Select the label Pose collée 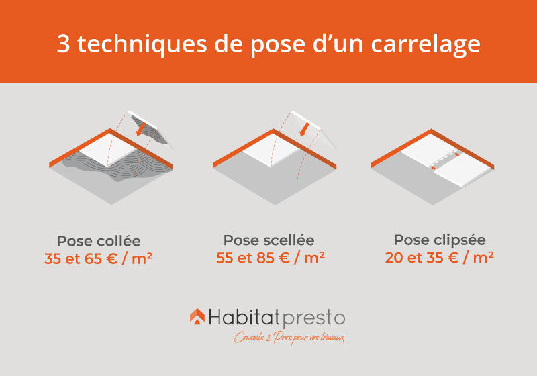click(99, 241)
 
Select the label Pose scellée click(268, 240)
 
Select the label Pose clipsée click(440, 240)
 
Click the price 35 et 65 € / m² click(99, 257)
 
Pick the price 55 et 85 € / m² click(270, 256)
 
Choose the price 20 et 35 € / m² click(440, 256)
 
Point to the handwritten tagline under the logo click(289, 338)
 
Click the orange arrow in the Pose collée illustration click(141, 130)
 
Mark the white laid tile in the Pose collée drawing click(110, 152)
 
